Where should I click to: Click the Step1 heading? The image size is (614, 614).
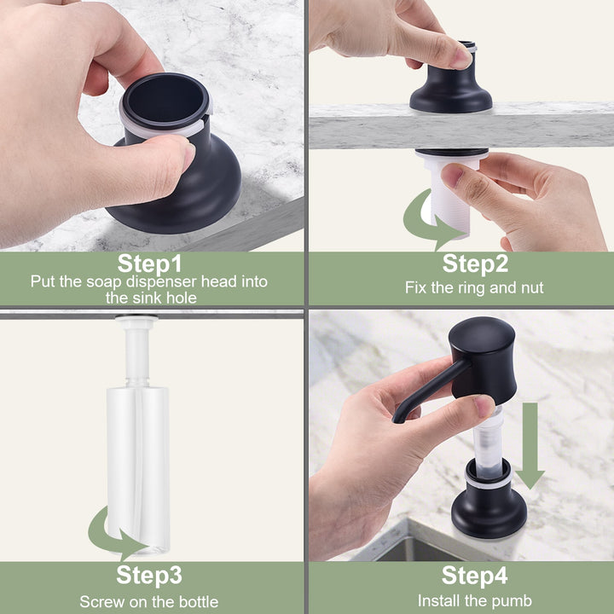tap(149, 264)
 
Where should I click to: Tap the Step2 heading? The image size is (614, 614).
tap(475, 264)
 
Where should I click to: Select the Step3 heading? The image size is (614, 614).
tap(149, 576)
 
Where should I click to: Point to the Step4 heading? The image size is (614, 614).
tap(475, 576)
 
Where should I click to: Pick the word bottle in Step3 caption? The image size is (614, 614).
tap(199, 602)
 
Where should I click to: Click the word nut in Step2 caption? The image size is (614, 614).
tap(532, 288)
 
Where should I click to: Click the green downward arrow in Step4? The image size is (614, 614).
tap(530, 446)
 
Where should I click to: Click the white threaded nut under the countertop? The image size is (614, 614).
tap(450, 194)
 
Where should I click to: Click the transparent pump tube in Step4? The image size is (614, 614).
tap(488, 443)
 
